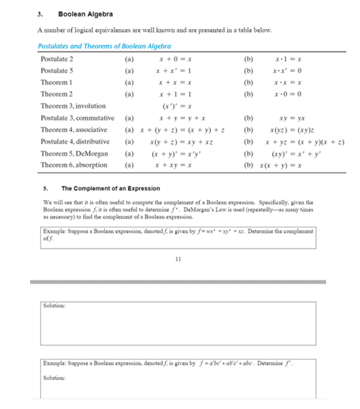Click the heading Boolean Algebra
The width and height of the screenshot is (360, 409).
coord(85,14)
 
